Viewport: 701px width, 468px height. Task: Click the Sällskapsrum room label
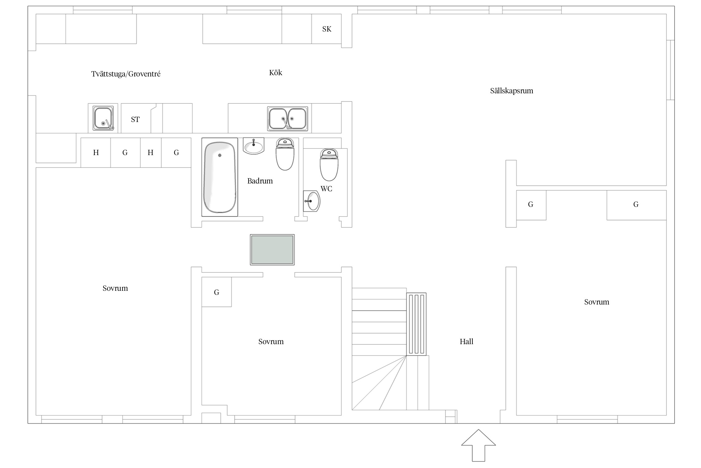512,91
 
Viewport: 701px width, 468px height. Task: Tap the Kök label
276,73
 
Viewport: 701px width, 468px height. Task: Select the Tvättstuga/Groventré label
126,74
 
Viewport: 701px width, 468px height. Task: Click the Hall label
466,342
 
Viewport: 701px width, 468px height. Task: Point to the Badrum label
260,181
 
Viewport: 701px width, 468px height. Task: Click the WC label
326,189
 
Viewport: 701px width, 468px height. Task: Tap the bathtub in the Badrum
220,177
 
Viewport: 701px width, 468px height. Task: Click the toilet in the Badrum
285,154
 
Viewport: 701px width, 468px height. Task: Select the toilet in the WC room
329,165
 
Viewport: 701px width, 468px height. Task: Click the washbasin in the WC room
312,201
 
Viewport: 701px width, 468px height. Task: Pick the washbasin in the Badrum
254,146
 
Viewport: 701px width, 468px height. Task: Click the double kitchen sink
288,119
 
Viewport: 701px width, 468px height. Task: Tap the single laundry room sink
103,118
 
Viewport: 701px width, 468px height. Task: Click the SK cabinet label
327,29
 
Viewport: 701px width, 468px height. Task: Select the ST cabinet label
135,119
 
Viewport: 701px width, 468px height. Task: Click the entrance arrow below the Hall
479,445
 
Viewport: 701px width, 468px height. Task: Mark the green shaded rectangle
272,250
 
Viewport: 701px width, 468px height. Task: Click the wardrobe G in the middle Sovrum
217,292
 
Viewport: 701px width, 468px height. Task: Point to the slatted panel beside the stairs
416,324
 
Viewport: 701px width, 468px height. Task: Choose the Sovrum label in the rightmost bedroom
597,302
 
